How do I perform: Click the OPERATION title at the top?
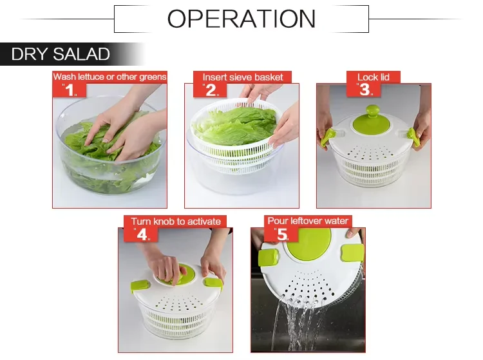pos(241,19)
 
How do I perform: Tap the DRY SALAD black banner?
pos(61,55)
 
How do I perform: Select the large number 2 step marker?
pos(210,90)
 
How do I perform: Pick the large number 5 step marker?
pos(281,234)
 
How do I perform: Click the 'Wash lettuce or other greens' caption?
pos(109,77)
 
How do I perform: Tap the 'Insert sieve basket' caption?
pos(243,77)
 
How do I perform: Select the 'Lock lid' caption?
pos(374,77)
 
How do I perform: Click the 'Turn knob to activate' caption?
pos(176,222)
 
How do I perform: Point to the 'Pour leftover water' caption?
pos(308,222)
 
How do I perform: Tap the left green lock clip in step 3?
pos(328,136)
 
